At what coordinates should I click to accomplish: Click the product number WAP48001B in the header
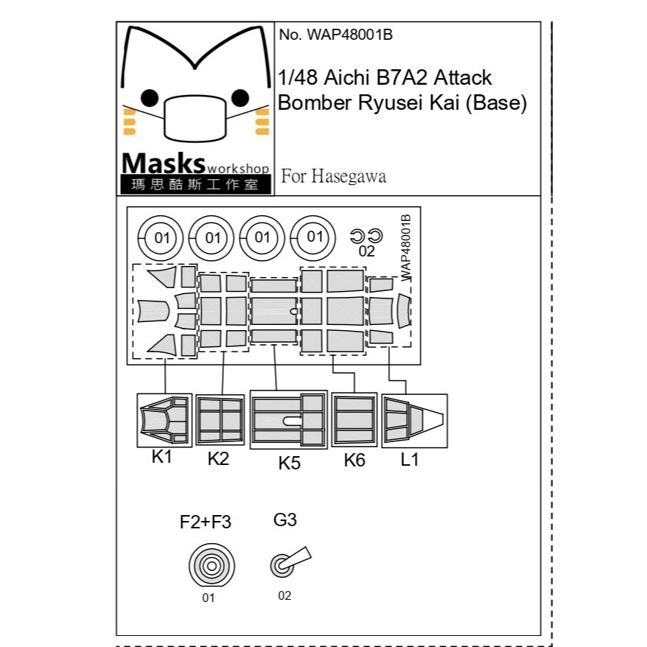[349, 35]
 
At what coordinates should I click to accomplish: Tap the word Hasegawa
[349, 176]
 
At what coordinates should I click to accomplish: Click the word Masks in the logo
[164, 164]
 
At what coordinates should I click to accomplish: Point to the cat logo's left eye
[150, 98]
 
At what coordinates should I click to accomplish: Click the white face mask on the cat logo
[195, 119]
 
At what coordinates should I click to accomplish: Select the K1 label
[161, 457]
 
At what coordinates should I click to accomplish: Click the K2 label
[218, 459]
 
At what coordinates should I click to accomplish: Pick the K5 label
[290, 463]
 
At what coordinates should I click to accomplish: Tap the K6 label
[354, 460]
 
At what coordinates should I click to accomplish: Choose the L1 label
[410, 459]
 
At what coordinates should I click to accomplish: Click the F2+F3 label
[206, 522]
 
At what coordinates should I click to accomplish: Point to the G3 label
[285, 520]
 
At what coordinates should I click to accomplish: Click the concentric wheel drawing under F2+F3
[211, 565]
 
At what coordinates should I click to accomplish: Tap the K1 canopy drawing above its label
[164, 420]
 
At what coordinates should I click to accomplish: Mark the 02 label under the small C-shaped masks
[366, 251]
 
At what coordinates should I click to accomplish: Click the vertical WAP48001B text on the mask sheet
[405, 248]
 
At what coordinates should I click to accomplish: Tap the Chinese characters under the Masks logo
[195, 184]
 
